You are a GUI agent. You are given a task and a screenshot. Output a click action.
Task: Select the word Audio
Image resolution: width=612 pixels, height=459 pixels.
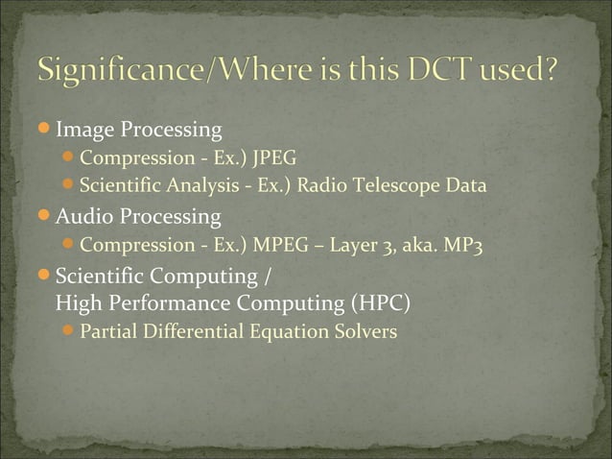[83, 216]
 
